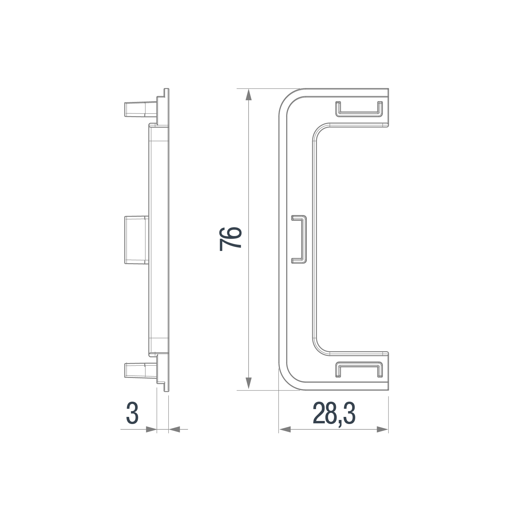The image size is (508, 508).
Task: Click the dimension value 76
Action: pos(230,239)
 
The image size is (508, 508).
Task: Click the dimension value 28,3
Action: pos(334,413)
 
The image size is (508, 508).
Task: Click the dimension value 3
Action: pos(132,413)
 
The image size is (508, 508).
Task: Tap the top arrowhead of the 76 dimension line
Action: pos(249,94)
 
